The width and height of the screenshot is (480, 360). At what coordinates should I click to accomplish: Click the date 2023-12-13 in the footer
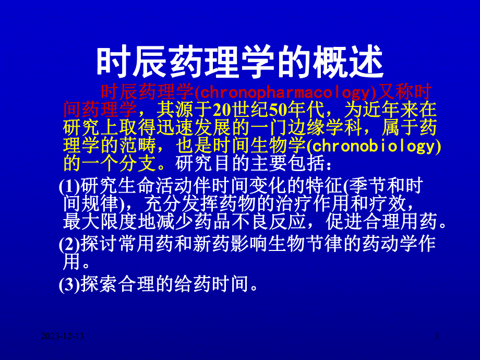pyautogui.click(x=64, y=339)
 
